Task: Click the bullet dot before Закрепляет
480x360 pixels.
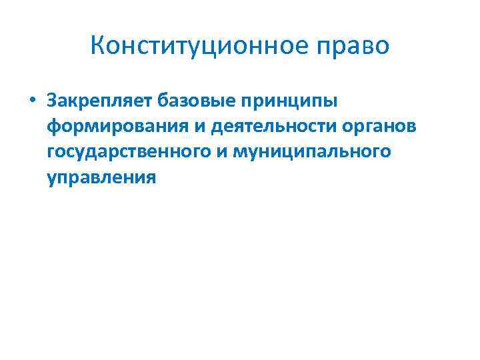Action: click(31, 101)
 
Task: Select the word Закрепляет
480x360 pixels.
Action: click(99, 101)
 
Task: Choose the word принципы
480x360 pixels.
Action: click(293, 102)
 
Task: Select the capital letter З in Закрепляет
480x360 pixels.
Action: click(53, 101)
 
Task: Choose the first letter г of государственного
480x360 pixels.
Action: click(52, 153)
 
